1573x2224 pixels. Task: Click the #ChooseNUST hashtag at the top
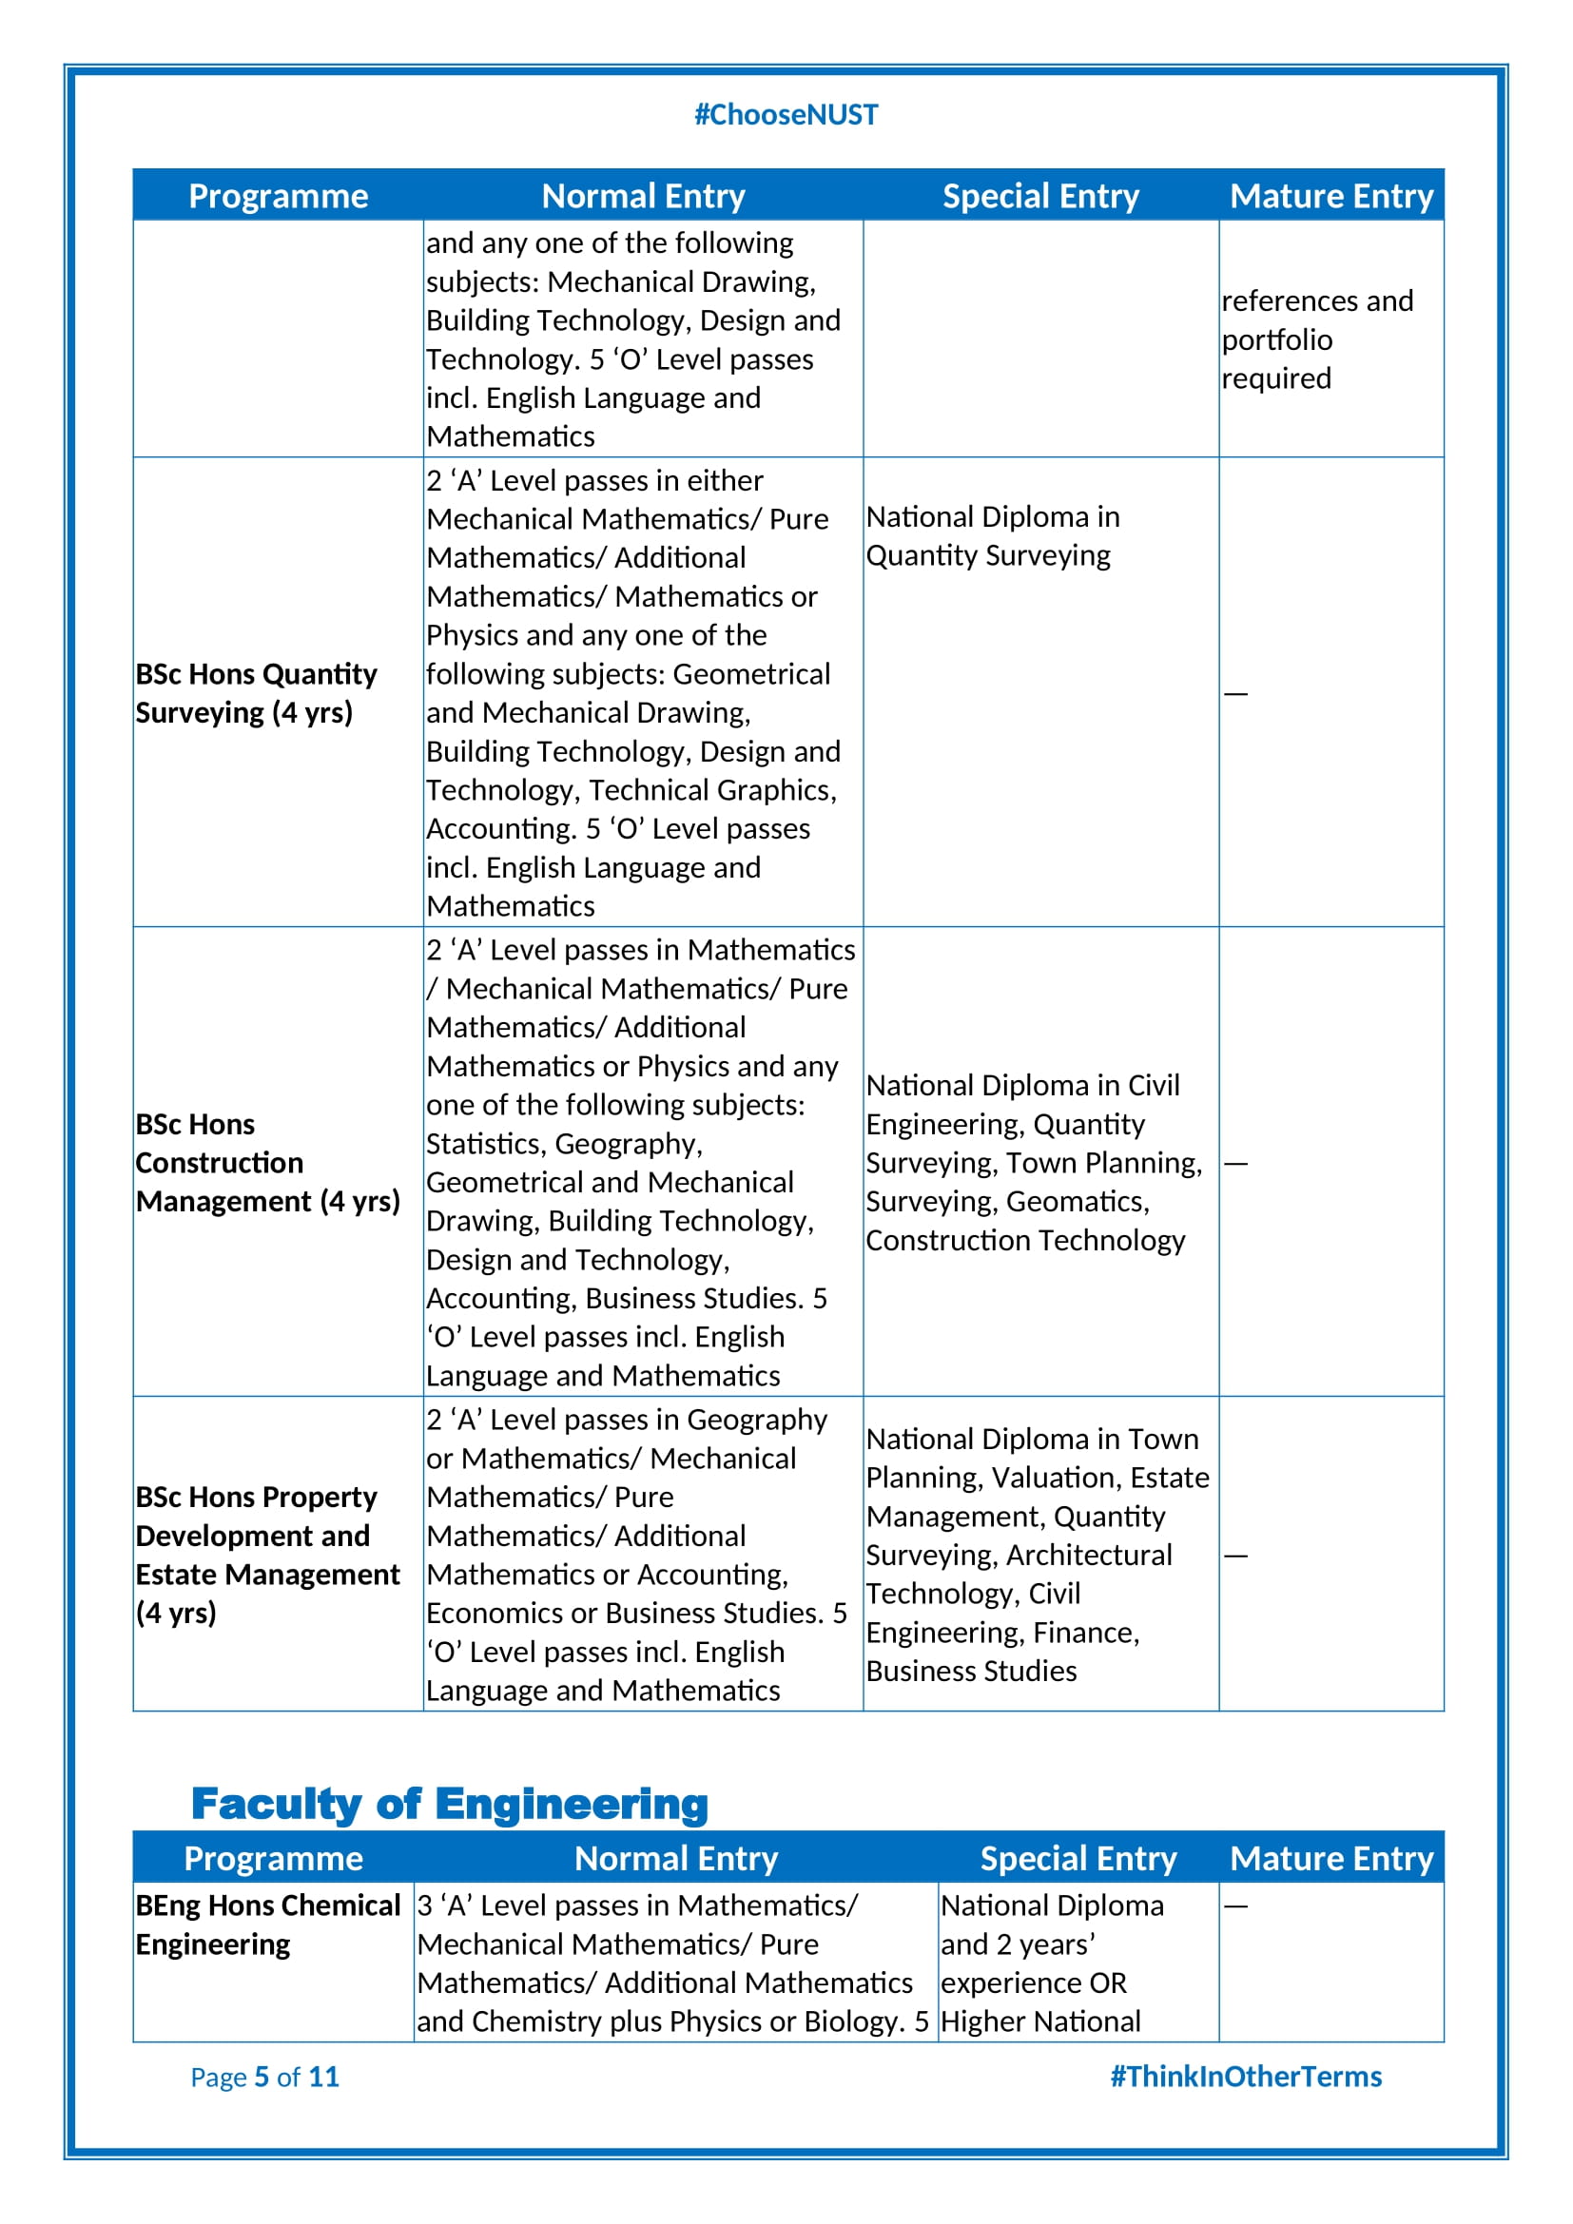click(x=786, y=115)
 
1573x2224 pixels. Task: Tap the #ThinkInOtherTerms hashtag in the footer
click(x=1245, y=2077)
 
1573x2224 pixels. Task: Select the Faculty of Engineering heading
click(x=450, y=1804)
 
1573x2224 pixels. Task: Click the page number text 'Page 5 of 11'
click(x=264, y=2077)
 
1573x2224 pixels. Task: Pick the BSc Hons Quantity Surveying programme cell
click(x=256, y=692)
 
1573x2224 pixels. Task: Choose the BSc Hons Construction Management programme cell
click(x=267, y=1162)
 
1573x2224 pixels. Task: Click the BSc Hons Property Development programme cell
click(x=267, y=1555)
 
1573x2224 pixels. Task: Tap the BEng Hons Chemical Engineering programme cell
click(x=267, y=1924)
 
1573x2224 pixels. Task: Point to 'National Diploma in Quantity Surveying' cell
click(x=992, y=536)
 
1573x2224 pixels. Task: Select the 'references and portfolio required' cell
click(x=1316, y=339)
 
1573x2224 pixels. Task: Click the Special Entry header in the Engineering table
click(x=1078, y=1859)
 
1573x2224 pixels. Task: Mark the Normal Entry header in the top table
click(x=643, y=197)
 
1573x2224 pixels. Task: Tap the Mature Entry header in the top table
click(x=1330, y=197)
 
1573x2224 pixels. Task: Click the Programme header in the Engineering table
click(x=273, y=1859)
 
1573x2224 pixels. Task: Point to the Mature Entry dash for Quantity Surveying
click(x=1235, y=693)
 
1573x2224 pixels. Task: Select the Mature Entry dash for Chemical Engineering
click(x=1235, y=1906)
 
